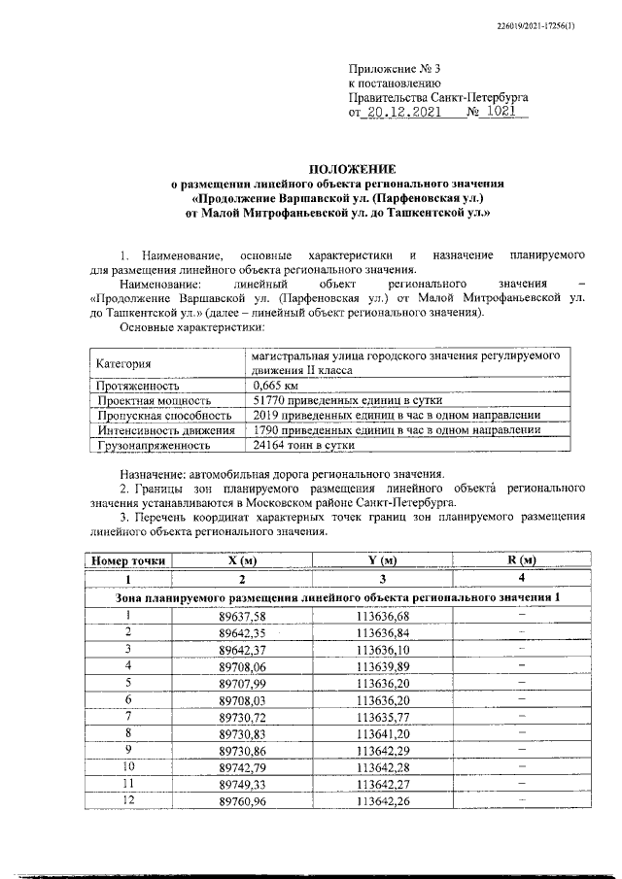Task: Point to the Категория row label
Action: click(123, 364)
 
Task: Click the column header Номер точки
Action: click(128, 560)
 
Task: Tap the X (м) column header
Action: click(241, 560)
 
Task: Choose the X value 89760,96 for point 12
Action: click(242, 799)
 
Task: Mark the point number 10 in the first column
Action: click(128, 765)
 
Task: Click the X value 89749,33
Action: click(242, 783)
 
